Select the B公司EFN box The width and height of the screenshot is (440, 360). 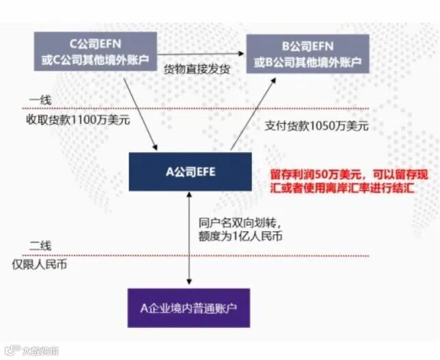pos(307,55)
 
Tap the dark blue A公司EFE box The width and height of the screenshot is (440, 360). pos(190,171)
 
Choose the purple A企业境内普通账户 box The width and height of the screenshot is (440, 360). pos(189,307)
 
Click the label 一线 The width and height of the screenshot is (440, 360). pos(40,100)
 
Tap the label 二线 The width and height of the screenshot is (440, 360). pos(40,245)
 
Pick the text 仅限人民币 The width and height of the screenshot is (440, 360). pos(49,264)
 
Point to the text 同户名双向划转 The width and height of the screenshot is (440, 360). pos(238,223)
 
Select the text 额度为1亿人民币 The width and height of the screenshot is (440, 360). pos(240,236)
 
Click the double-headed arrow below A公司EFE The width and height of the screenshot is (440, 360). pos(189,239)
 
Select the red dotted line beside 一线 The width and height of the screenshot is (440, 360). pos(205,108)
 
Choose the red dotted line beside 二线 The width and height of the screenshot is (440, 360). pos(205,255)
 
